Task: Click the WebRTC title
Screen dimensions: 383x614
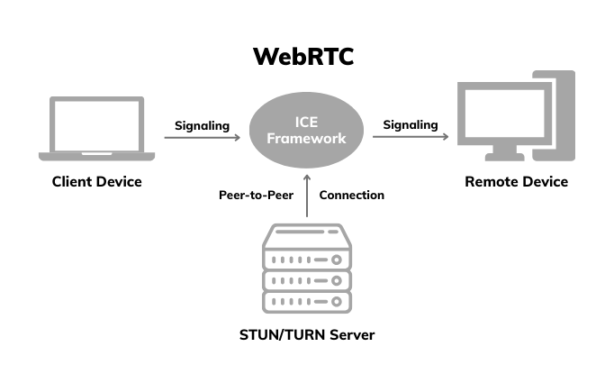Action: [x=303, y=57]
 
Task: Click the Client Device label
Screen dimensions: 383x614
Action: [x=96, y=182]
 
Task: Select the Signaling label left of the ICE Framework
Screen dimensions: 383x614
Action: [x=203, y=125]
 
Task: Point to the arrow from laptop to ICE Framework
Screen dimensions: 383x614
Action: [x=203, y=139]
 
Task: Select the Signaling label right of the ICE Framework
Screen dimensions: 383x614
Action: [x=411, y=125]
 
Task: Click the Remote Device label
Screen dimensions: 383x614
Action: [x=516, y=182]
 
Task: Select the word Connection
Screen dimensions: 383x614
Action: [x=352, y=195]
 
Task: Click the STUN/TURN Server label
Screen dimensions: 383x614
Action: [x=307, y=335]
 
